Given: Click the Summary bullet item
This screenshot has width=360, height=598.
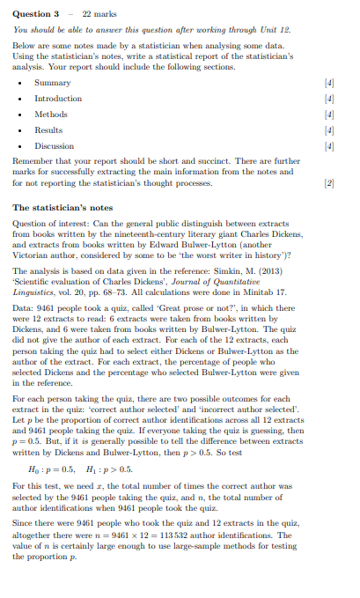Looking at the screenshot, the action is (x=52, y=82).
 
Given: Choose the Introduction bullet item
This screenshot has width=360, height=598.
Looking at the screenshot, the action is (x=58, y=98).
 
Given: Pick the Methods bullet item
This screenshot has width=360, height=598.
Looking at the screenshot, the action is (x=50, y=114).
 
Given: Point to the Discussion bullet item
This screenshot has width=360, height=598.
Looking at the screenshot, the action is (x=54, y=145).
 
